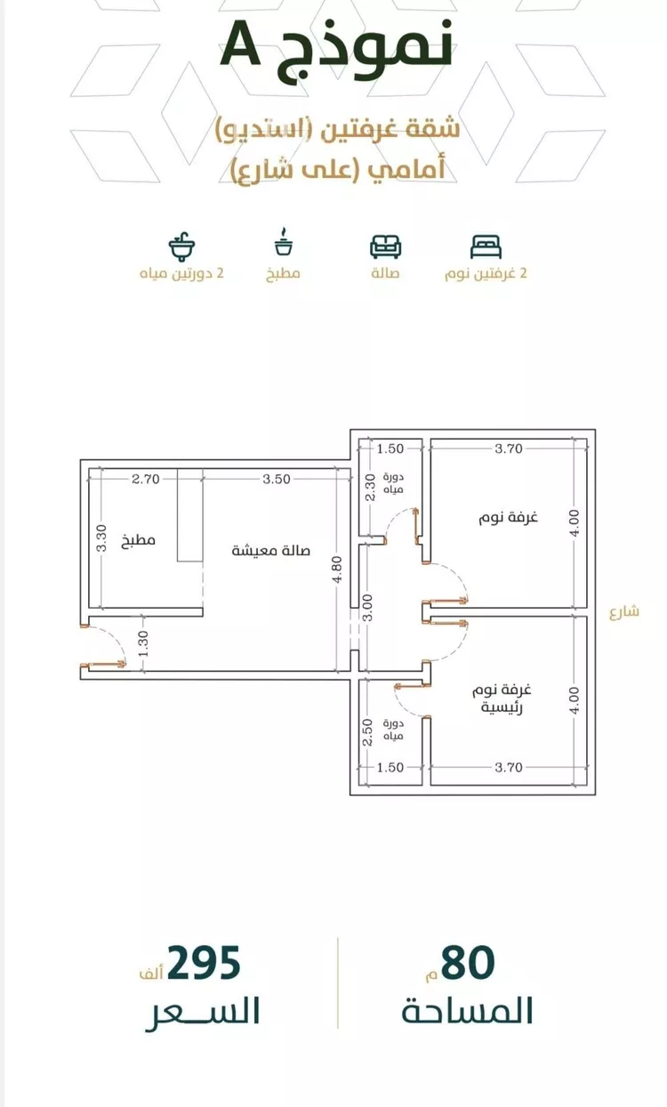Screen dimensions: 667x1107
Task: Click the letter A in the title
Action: (x=240, y=44)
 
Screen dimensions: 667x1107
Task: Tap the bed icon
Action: (x=486, y=246)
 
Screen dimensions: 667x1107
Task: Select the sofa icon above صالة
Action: (x=385, y=246)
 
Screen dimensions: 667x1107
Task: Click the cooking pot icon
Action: (x=284, y=241)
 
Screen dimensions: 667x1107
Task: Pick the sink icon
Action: (x=181, y=246)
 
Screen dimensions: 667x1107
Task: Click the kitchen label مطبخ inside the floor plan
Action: (x=139, y=540)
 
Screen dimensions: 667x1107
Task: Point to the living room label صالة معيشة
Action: (x=270, y=551)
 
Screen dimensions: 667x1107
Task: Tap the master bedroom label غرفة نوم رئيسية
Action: (x=502, y=699)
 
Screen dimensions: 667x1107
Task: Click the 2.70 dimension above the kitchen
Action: (x=146, y=479)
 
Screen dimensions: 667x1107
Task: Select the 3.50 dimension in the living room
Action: (x=277, y=479)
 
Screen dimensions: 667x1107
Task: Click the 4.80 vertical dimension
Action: (x=337, y=570)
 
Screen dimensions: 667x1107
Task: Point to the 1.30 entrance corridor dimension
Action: (x=143, y=644)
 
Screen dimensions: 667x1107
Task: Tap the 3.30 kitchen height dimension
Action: (x=100, y=538)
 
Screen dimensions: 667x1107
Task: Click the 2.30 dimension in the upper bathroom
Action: (x=371, y=488)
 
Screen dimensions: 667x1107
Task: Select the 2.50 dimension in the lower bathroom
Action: (x=367, y=732)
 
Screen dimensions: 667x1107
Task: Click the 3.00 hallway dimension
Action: (x=367, y=608)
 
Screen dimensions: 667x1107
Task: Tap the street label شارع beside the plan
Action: (x=624, y=612)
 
